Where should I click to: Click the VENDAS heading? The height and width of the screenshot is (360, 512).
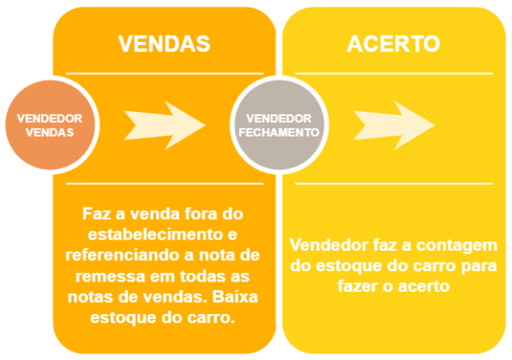tap(163, 44)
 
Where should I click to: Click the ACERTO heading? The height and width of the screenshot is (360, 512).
tap(393, 44)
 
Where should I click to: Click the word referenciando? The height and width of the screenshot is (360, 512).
tap(119, 255)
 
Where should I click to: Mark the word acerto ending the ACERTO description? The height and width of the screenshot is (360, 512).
tap(426, 287)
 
